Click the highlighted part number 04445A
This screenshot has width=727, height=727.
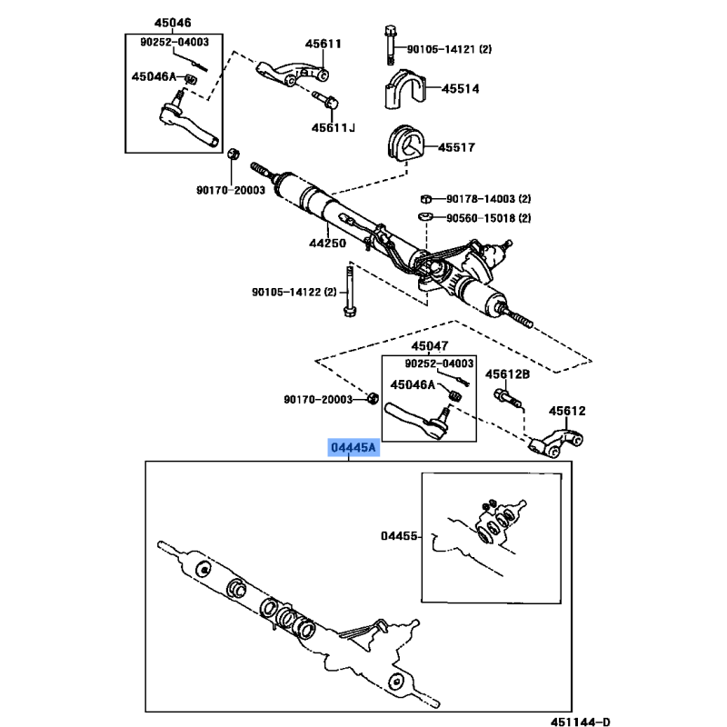pos(354,449)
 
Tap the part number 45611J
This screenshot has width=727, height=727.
pos(330,127)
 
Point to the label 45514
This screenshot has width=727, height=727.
pos(460,90)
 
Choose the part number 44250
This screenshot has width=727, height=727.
pos(327,244)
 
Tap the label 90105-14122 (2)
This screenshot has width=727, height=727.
pos(294,292)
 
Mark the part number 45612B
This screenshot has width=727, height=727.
pos(507,373)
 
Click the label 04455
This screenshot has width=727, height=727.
pos(399,536)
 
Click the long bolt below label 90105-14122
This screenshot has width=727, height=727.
pos(350,293)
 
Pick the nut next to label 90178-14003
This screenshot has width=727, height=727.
pos(425,199)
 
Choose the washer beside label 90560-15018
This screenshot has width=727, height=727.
pos(425,217)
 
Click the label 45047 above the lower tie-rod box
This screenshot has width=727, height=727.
pos(429,346)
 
